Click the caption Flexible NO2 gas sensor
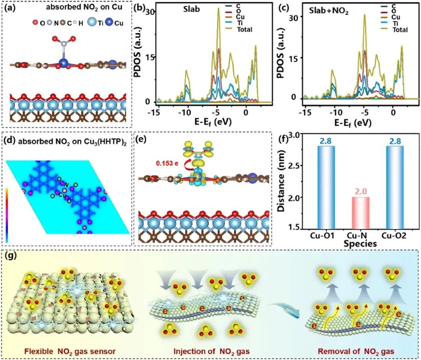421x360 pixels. pyautogui.click(x=67, y=346)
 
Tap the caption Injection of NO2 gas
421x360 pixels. pyautogui.click(x=211, y=346)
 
